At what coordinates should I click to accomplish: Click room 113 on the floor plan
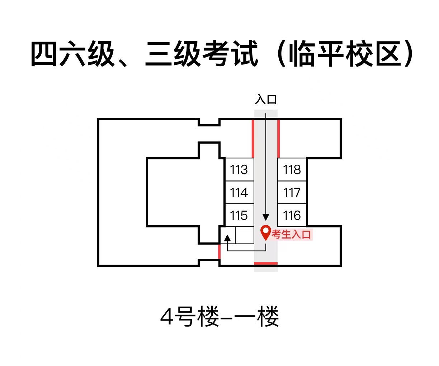[x=239, y=169]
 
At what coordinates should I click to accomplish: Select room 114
[x=239, y=192]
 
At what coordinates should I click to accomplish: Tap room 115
[x=239, y=215]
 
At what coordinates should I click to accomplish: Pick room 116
[x=292, y=215]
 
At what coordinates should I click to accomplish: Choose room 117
[x=292, y=192]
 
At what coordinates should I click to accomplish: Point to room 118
[x=292, y=169]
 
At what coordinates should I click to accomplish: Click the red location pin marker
[x=265, y=232]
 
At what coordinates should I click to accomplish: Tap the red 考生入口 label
[x=291, y=234]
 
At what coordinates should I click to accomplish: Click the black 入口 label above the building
[x=266, y=99]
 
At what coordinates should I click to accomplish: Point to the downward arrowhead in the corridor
[x=266, y=217]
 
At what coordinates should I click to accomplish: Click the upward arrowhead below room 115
[x=227, y=238]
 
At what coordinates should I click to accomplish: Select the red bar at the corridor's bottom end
[x=266, y=264]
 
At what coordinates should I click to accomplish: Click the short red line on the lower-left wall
[x=219, y=252]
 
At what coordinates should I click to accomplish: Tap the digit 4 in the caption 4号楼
[x=167, y=317]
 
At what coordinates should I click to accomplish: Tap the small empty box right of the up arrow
[x=244, y=235]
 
